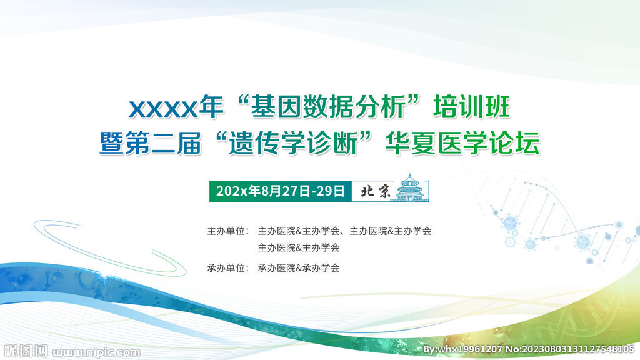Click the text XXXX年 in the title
(176, 107)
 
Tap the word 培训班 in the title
(471, 106)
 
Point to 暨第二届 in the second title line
(151, 143)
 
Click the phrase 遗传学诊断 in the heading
(293, 143)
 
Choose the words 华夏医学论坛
(463, 143)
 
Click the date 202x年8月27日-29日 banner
(281, 191)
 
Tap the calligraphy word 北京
(376, 191)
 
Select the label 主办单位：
(228, 231)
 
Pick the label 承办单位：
(228, 267)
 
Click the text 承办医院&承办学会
(299, 267)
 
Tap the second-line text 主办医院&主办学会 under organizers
(299, 247)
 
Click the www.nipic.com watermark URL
(96, 352)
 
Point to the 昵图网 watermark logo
(26, 351)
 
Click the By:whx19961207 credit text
(462, 349)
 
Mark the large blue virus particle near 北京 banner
(510, 223)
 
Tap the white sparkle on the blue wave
(105, 277)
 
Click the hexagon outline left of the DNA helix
(510, 242)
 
